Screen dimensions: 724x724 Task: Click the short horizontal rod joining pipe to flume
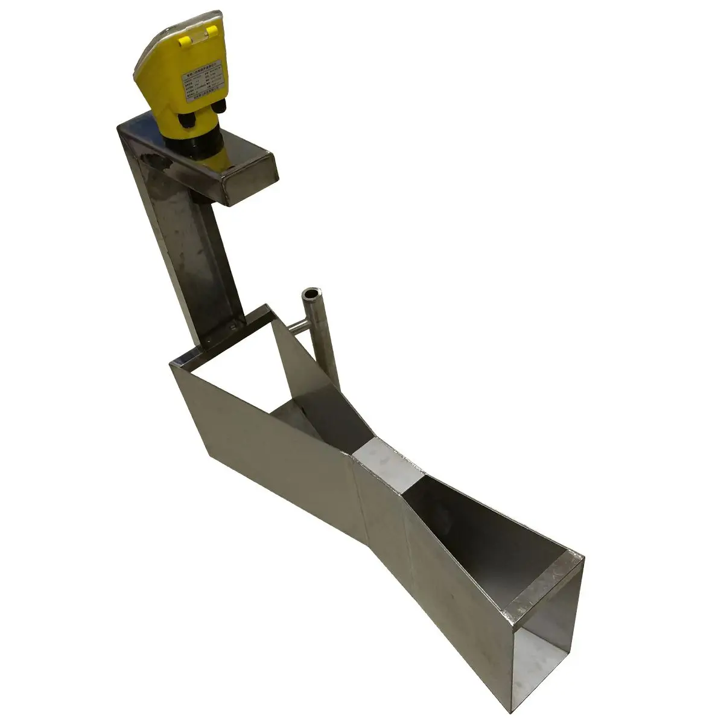297,328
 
